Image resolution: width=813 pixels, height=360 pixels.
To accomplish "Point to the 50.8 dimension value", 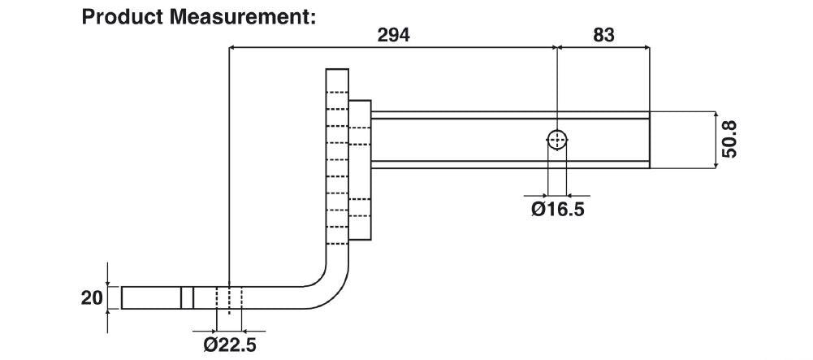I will [x=729, y=139].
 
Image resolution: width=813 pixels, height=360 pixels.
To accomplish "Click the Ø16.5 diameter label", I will [x=557, y=210].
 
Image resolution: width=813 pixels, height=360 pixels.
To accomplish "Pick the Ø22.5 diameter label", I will [x=229, y=345].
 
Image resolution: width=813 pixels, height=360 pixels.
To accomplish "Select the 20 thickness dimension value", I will [x=90, y=297].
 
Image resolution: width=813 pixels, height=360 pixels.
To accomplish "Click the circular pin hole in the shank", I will [x=557, y=141].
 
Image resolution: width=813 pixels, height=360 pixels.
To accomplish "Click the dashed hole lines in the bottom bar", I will [x=229, y=297].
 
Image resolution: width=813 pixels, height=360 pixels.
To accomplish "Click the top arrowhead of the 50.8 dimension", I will [x=715, y=115].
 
